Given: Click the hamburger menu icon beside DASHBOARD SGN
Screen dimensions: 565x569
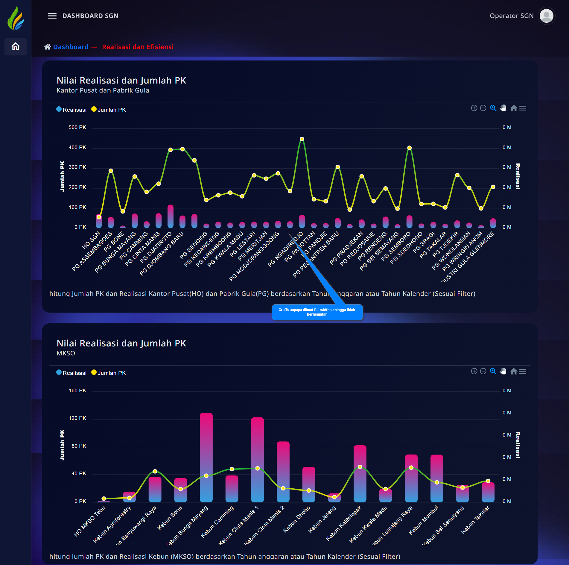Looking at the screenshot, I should point(52,16).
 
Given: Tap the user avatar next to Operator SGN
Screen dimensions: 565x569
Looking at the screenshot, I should point(546,16).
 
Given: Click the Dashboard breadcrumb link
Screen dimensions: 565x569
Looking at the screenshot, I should point(71,47).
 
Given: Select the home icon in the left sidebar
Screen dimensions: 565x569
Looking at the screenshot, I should point(16,47).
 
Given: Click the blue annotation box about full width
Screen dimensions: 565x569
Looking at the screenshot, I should point(317,312).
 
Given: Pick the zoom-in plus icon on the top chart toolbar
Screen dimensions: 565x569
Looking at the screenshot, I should point(474,108).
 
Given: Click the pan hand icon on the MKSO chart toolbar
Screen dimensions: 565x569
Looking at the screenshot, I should point(503,371).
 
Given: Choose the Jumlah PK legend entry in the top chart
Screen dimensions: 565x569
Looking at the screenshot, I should point(109,110).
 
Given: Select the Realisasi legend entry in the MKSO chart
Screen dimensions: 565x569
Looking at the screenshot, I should point(71,373).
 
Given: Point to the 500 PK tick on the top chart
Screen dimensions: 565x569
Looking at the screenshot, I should point(77,127).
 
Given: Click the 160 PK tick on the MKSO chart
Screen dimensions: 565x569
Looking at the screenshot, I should point(77,390).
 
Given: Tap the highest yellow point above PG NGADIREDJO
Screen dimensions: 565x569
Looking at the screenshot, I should point(302,139).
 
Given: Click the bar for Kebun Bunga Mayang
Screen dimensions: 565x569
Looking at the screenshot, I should point(206,458).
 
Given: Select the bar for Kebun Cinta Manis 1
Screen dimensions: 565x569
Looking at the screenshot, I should point(257,460).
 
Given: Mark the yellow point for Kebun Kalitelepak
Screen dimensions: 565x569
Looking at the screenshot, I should point(360,467).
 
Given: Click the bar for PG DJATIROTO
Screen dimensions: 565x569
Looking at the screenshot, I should point(171,216).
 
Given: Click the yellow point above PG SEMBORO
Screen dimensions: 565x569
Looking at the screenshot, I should point(409,148).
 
